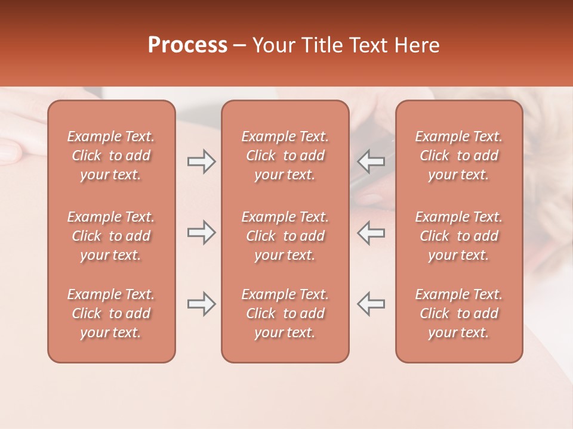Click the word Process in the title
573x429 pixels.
tap(187, 45)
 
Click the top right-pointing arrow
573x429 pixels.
tap(201, 161)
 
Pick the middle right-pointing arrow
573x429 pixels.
tap(201, 232)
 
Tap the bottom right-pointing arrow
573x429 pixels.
tap(201, 303)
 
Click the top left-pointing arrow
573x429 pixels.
tap(371, 161)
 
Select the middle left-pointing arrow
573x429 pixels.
tap(371, 232)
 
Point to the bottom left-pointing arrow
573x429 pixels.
tap(371, 303)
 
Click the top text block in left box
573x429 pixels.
tap(111, 156)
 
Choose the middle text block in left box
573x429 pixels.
tap(111, 236)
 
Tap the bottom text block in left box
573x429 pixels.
tap(111, 313)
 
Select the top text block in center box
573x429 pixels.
tap(285, 156)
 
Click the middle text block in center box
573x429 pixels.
tap(285, 236)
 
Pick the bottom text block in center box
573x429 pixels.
tap(285, 313)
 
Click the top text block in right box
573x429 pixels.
tap(458, 156)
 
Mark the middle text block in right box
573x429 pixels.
tap(458, 236)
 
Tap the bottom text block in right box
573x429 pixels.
tap(458, 313)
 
